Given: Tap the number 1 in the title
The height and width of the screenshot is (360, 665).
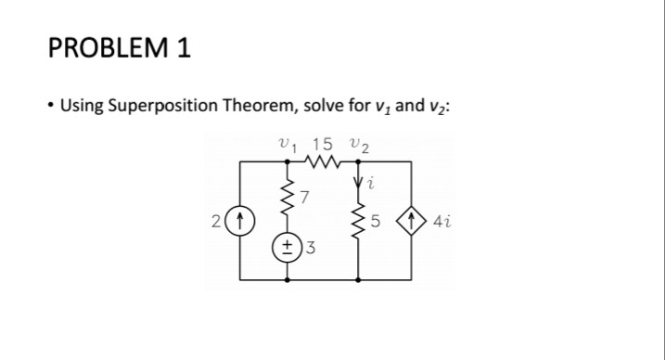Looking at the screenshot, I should tap(181, 48).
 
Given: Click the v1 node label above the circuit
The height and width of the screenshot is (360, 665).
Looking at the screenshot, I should tap(287, 144).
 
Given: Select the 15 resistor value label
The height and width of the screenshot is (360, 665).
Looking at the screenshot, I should tap(322, 144).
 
